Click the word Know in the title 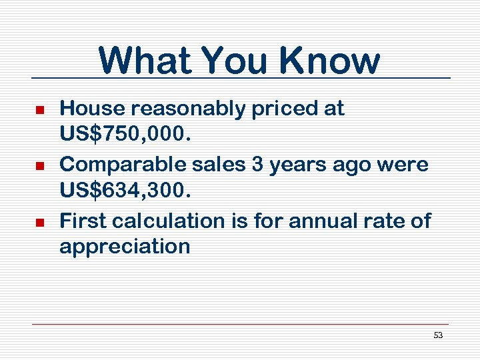tap(330, 60)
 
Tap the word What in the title tap(145, 60)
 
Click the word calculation tap(165, 221)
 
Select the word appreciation tap(125, 247)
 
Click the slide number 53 tap(438, 335)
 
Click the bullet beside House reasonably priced tap(39, 109)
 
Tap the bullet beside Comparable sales tap(39, 165)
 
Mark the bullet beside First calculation tap(39, 221)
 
